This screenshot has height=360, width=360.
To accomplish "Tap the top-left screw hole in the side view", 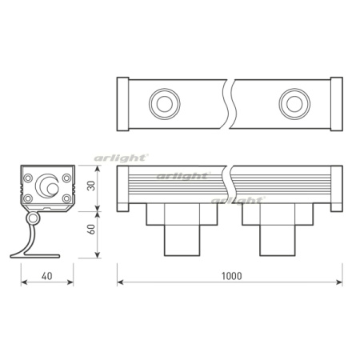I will point(29,177).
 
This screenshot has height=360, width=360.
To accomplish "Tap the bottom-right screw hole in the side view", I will point(62,198).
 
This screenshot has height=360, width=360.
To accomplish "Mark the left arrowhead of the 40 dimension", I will point(20,282).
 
